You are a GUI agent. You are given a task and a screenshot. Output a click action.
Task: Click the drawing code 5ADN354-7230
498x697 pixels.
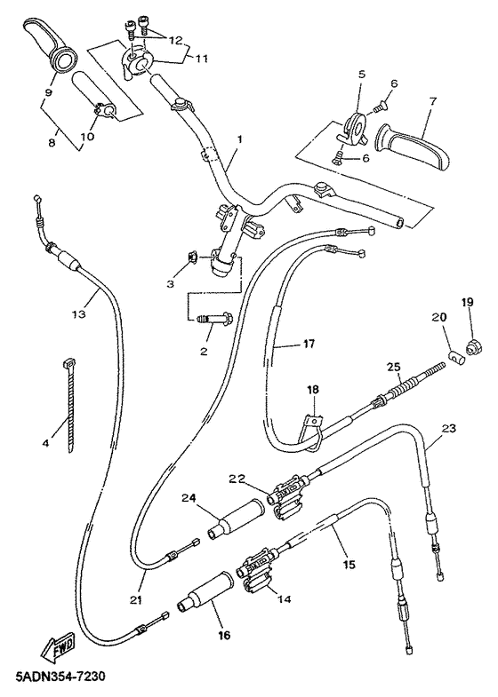pyautogui.click(x=60, y=678)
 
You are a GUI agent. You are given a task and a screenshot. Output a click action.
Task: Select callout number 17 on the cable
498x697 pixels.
pyautogui.click(x=284, y=344)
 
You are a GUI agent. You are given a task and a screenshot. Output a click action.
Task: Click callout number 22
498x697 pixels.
pyautogui.click(x=236, y=479)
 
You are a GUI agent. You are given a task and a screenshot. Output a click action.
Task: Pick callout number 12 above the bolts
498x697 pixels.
pyautogui.click(x=173, y=41)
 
